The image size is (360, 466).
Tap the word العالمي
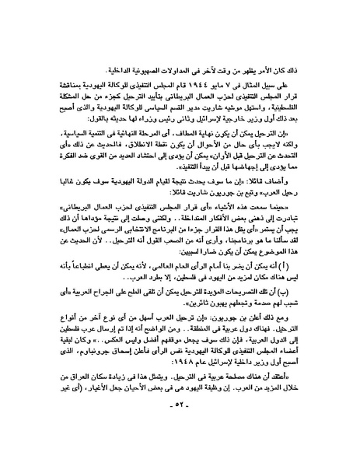click(188, 296)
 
